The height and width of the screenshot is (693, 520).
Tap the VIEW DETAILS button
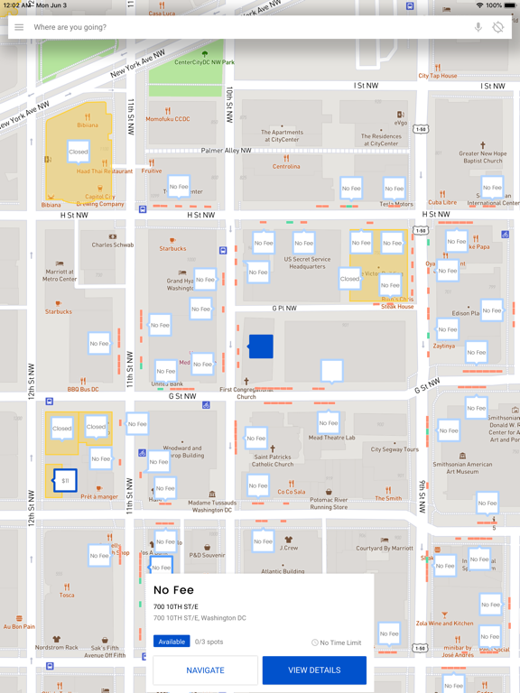click(314, 670)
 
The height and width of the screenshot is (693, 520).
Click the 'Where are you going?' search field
click(244, 28)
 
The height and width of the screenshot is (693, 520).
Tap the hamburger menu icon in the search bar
click(19, 28)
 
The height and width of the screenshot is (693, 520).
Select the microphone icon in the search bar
click(478, 28)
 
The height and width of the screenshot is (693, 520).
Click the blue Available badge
click(172, 642)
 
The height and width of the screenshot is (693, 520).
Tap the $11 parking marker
click(65, 481)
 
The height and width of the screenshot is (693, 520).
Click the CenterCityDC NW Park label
click(204, 62)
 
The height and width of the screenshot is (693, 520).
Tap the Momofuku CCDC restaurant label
click(168, 118)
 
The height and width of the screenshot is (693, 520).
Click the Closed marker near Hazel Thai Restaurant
click(79, 152)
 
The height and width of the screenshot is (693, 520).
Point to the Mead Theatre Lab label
click(331, 438)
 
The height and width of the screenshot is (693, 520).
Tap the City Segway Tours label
click(395, 449)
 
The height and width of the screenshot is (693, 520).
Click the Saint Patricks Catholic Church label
click(273, 461)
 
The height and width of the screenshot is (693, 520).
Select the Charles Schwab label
click(113, 245)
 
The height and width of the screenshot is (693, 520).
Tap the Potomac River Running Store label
click(329, 503)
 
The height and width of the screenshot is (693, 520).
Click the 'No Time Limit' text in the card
click(340, 642)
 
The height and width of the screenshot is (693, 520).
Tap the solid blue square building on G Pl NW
click(261, 346)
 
